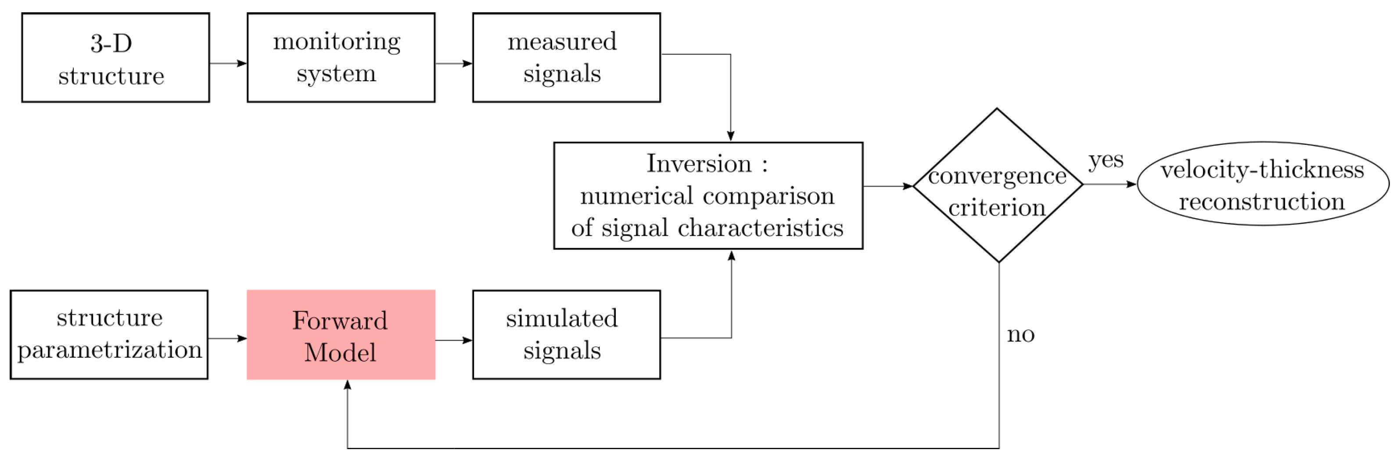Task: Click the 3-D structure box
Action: (115, 58)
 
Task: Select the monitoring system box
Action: (341, 58)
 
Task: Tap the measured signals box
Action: (566, 58)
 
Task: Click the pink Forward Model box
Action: (341, 335)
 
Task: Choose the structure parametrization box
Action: (109, 335)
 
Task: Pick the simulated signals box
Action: (566, 335)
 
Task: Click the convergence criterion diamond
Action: (998, 186)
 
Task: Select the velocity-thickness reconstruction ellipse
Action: (1263, 184)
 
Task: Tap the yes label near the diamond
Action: (1106, 160)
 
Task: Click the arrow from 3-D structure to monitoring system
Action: (228, 64)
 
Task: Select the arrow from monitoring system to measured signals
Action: (454, 64)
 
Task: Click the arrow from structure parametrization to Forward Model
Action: (227, 338)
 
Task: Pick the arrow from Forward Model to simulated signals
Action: (454, 340)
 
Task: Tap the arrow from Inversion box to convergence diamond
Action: (888, 187)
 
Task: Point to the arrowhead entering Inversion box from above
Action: (730, 136)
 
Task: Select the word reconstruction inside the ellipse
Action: (1262, 202)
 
